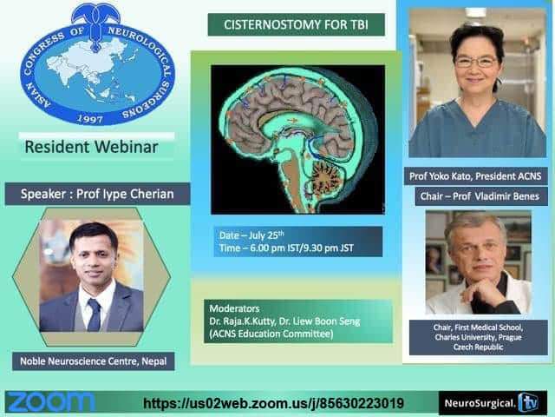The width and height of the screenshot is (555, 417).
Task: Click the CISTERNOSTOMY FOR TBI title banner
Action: tap(296, 24)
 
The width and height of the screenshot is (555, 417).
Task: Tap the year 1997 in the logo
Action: tap(90, 119)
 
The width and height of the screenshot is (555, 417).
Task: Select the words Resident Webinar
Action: tap(91, 147)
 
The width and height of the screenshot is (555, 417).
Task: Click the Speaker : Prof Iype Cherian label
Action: tap(97, 194)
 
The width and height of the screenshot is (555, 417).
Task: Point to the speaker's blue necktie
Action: tap(95, 314)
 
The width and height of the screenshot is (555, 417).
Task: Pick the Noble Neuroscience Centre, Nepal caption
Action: tap(94, 361)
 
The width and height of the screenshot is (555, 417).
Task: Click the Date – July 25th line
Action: tap(251, 235)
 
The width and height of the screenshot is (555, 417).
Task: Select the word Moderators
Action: tap(234, 308)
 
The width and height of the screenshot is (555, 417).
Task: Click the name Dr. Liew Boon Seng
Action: tap(319, 321)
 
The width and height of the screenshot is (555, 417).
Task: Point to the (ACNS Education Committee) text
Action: tap(271, 334)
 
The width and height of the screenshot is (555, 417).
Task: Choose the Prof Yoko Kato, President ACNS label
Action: tap(475, 175)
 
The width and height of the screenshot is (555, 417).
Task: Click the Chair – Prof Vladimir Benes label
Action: tap(480, 196)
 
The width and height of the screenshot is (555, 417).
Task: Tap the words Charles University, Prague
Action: tap(478, 337)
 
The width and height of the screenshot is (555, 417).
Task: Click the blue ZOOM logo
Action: tap(51, 402)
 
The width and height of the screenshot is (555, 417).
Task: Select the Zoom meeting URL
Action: tap(273, 403)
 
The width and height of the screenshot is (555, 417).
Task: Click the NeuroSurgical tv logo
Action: tap(493, 403)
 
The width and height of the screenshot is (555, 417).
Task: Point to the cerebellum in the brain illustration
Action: tap(324, 175)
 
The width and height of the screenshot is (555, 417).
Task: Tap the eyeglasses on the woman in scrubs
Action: tap(476, 62)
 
